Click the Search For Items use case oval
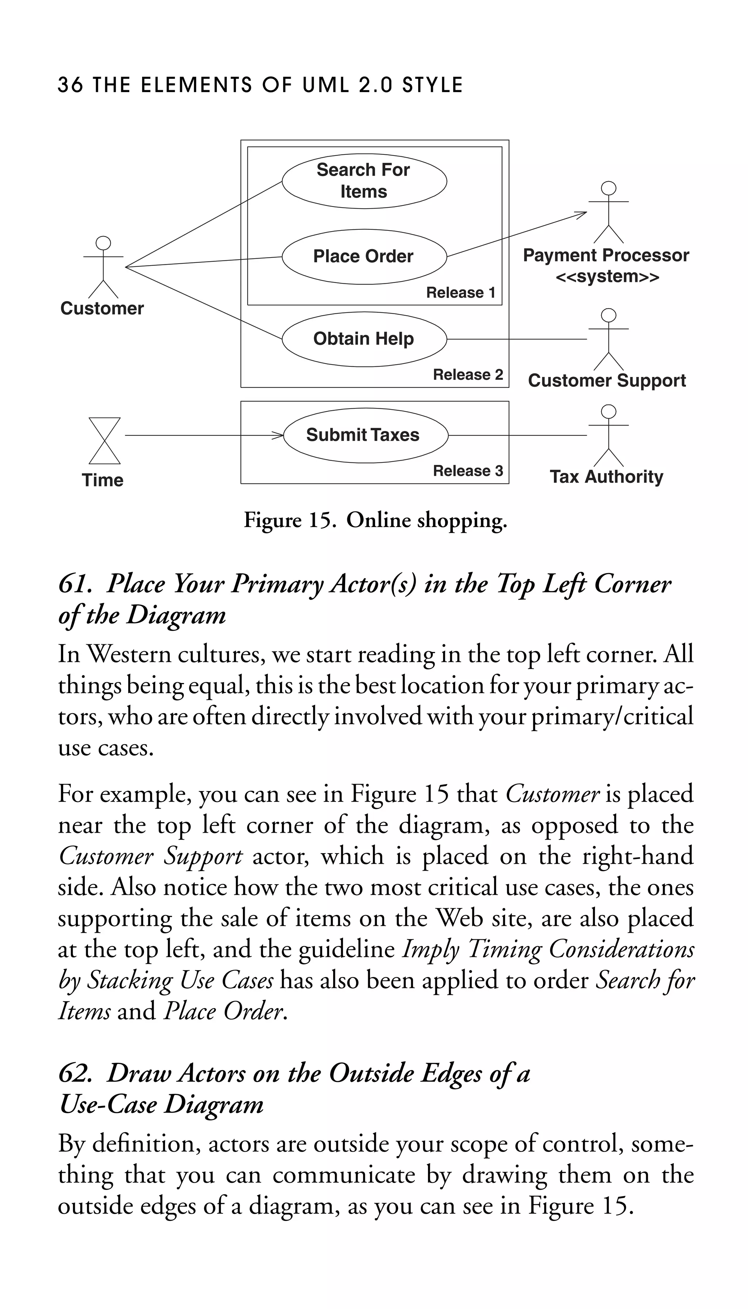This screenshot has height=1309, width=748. [x=364, y=181]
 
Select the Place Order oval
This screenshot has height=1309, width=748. [x=364, y=256]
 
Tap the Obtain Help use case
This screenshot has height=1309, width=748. [x=364, y=339]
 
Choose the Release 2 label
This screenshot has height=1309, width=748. [x=467, y=374]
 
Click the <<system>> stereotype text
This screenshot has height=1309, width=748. [x=607, y=277]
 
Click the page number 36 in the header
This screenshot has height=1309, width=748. [x=70, y=85]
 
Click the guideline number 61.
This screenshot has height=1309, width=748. [x=75, y=584]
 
